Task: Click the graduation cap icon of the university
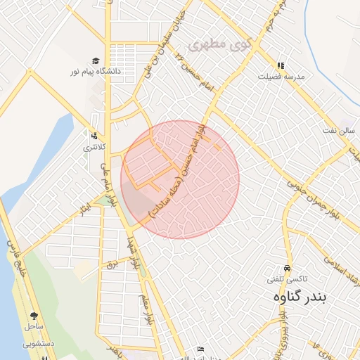(x=96, y=60)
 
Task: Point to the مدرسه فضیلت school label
(x=281, y=76)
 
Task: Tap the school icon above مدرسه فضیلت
(x=281, y=65)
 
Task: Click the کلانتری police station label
(x=94, y=147)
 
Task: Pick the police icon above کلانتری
(x=94, y=136)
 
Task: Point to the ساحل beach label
(x=34, y=327)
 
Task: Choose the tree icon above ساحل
(x=34, y=316)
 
